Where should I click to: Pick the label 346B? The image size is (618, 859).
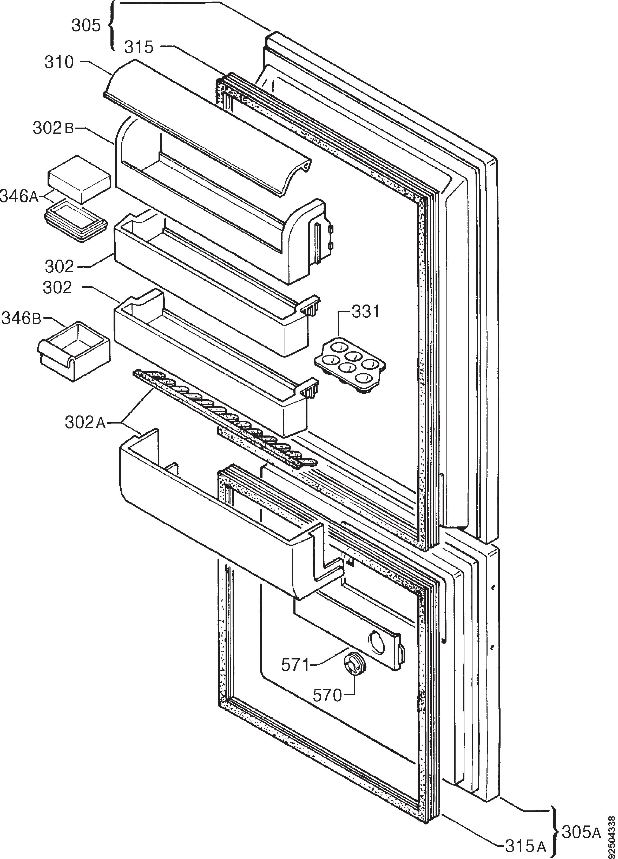pyautogui.click(x=21, y=319)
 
